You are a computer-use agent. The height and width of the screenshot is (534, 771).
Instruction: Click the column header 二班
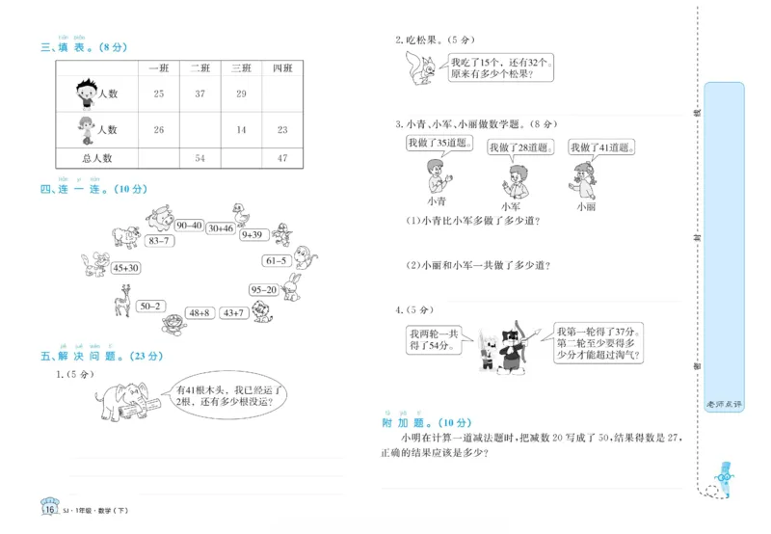(x=200, y=67)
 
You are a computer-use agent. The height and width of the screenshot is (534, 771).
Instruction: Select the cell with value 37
(x=200, y=93)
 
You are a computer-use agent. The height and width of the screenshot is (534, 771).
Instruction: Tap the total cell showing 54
(x=200, y=157)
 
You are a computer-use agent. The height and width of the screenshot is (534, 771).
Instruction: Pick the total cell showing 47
(x=281, y=157)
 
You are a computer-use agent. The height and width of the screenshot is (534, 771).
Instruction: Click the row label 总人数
(x=97, y=157)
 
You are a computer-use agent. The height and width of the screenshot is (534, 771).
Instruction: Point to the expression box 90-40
(x=189, y=226)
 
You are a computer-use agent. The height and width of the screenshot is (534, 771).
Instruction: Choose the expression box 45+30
(x=126, y=268)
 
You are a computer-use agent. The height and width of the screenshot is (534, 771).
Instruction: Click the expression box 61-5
(x=277, y=260)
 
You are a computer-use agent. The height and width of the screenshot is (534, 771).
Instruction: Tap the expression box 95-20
(x=263, y=289)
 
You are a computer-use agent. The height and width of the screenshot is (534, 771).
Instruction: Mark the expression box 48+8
(x=199, y=312)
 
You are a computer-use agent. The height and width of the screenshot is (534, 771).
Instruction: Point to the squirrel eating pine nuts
(x=420, y=69)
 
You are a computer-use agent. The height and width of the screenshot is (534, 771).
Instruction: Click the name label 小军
(x=512, y=206)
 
